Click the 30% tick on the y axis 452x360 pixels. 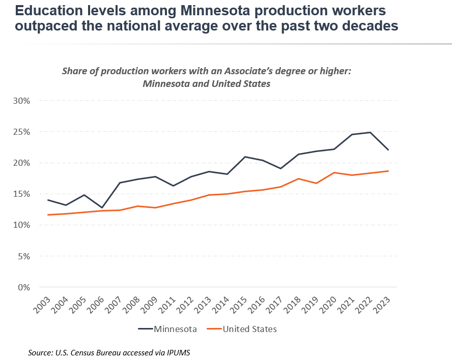tap(22, 101)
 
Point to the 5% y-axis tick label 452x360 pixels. tap(24, 256)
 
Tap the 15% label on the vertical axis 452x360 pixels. tap(22, 194)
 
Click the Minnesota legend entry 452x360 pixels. tap(168, 329)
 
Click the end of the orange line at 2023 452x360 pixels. tap(389, 171)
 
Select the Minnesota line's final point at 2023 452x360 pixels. tap(389, 149)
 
